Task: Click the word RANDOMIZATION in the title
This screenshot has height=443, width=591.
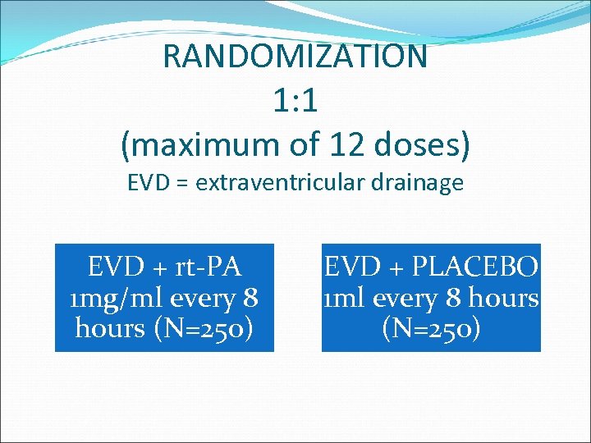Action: pyautogui.click(x=295, y=57)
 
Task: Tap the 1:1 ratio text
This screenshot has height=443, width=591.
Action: pyautogui.click(x=295, y=102)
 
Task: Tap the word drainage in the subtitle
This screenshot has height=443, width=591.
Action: pyautogui.click(x=422, y=182)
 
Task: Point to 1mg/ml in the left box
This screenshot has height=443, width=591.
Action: pyautogui.click(x=119, y=298)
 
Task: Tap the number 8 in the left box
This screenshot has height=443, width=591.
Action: pyautogui.click(x=250, y=298)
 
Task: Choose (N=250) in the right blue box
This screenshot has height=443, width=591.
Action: pyautogui.click(x=431, y=328)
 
